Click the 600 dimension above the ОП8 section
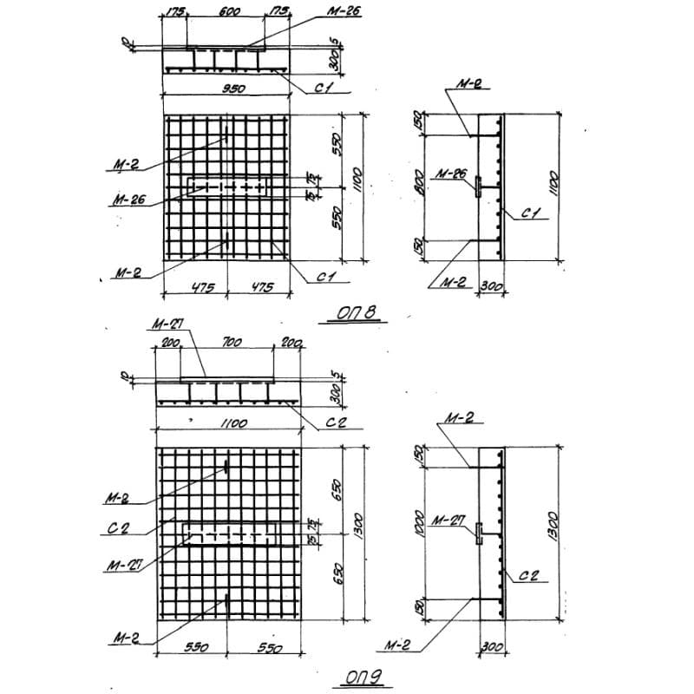pyautogui.click(x=229, y=14)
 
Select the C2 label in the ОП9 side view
pyautogui.click(x=529, y=575)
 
